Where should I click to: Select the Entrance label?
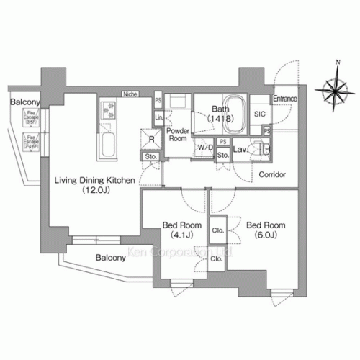tap(284, 99)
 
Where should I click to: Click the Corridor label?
tap(272, 175)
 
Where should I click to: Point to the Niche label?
tap(130, 94)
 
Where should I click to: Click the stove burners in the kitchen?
tap(109, 110)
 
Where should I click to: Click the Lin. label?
tap(158, 117)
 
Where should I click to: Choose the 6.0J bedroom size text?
tap(261, 234)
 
